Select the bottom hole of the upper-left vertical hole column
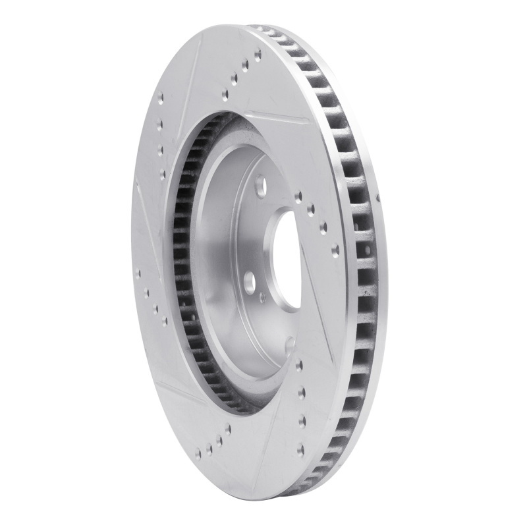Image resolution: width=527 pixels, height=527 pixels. [162, 173]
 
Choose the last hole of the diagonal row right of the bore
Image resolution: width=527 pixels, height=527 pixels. [335, 249]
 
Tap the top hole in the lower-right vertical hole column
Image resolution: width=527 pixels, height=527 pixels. [300, 362]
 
